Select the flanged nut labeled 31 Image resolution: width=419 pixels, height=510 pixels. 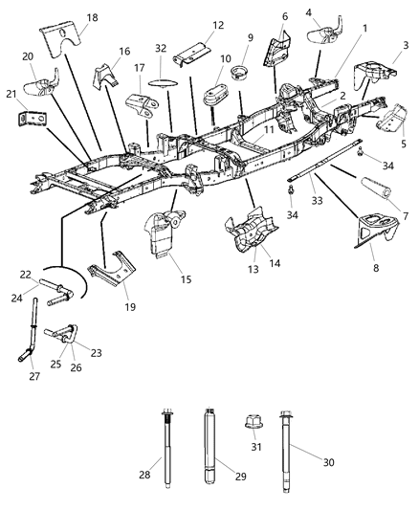pos(257,419)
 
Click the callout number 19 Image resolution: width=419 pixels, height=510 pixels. pos(130,307)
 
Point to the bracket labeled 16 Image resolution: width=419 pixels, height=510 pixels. pos(103,73)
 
